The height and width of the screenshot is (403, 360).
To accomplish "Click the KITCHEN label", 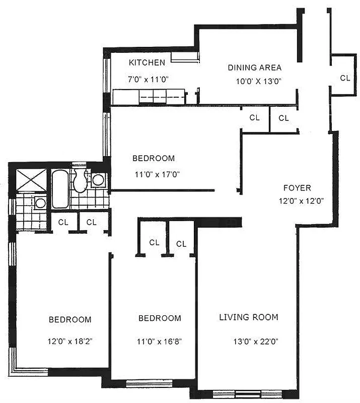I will click(x=147, y=63).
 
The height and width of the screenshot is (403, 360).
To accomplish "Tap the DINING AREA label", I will click(x=254, y=68).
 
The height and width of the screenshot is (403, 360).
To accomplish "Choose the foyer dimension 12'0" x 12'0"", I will click(x=300, y=200).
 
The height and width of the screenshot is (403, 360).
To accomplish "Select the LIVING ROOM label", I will click(x=248, y=317).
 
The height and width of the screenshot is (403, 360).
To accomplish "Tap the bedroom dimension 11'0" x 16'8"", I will click(x=159, y=341).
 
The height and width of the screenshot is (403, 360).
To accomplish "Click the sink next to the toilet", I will click(x=99, y=180).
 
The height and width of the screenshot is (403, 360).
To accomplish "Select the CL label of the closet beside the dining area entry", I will click(x=345, y=78).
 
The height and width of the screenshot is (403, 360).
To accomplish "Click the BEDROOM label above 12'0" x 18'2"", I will click(x=70, y=319).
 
